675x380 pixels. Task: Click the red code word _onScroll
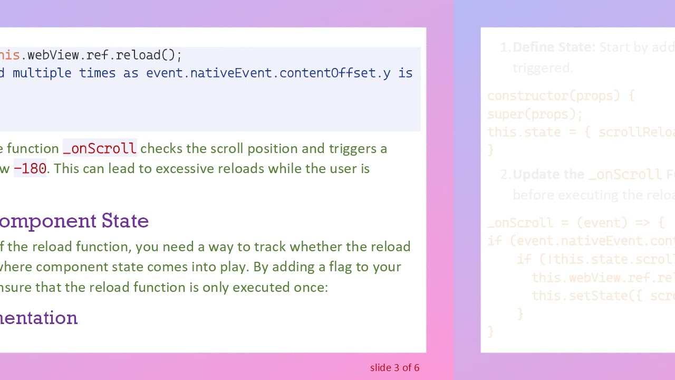100,149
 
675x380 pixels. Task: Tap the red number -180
30,169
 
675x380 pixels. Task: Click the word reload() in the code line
148,55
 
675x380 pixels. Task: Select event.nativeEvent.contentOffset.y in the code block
268,73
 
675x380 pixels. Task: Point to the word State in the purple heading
125,221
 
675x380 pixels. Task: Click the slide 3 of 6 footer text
394,368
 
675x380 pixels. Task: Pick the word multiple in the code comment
42,73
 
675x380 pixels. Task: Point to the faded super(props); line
535,114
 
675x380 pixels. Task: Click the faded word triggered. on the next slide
542,68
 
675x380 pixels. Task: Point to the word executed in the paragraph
255,287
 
